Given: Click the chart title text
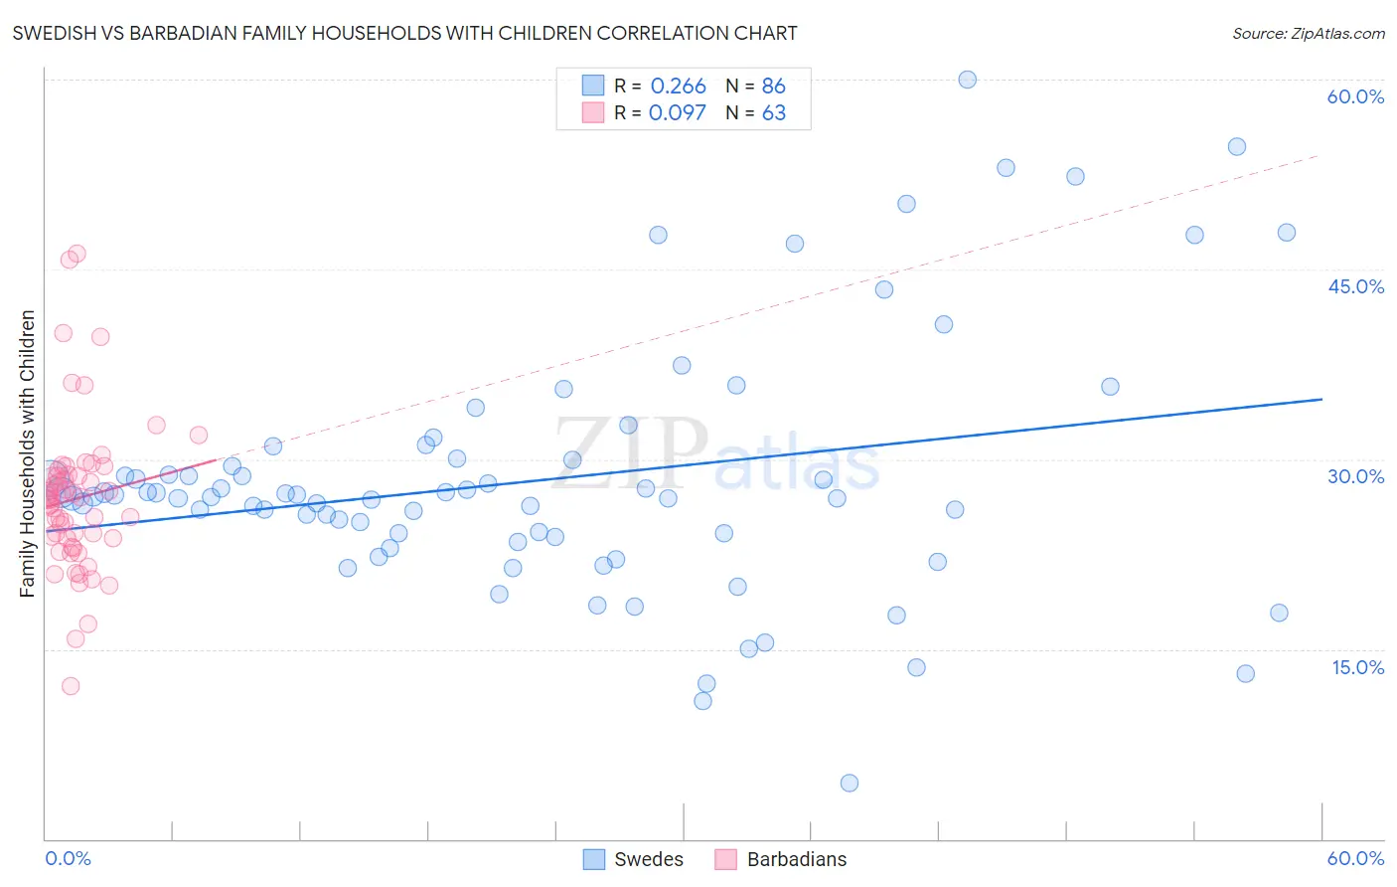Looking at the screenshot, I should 404,33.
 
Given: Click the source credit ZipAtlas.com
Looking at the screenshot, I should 1308,33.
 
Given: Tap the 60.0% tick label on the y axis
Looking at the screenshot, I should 1355,96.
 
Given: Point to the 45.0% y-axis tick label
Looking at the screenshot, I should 1355,286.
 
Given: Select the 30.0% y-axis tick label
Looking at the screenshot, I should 1355,476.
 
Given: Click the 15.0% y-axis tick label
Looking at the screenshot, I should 1357,667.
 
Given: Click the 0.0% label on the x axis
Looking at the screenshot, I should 68,858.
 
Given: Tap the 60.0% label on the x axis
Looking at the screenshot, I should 1355,858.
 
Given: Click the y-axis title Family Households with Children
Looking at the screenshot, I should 27,453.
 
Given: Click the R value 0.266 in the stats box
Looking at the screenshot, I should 678,87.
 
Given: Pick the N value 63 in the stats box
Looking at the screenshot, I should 773,113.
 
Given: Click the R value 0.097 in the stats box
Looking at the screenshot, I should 677,113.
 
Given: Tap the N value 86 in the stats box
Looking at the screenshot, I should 773,87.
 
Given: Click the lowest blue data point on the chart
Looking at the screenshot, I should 849,783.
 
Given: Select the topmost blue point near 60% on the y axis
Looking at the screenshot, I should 967,80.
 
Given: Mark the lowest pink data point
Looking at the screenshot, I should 71,686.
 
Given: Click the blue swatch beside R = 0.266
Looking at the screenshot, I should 593,86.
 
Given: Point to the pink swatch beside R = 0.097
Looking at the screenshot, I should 593,112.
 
